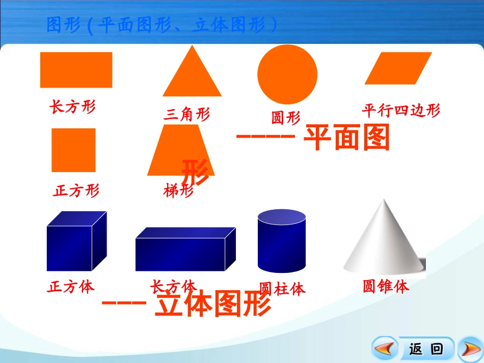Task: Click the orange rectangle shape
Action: (76, 70)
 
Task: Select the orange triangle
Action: (192, 76)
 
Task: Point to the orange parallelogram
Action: (398, 68)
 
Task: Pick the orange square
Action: (73, 150)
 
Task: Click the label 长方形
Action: (72, 106)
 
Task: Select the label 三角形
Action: (186, 115)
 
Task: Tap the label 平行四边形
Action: (400, 110)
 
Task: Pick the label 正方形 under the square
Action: (76, 190)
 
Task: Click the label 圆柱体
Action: (282, 289)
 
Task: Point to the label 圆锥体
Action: (386, 287)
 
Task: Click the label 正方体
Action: (71, 287)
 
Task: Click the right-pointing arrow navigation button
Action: (469, 349)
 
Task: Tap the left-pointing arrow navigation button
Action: (385, 349)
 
